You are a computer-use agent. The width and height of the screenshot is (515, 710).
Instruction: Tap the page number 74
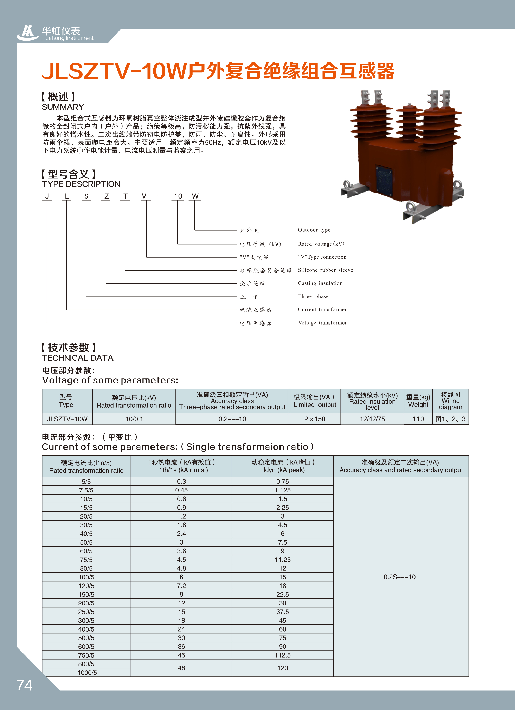(24, 685)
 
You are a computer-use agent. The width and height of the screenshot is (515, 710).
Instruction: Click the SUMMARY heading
(63, 107)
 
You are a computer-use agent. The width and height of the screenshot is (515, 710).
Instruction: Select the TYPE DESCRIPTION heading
(81, 184)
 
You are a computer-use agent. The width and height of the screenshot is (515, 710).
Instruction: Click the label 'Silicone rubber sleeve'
(325, 270)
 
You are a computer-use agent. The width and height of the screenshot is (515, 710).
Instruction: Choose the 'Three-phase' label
(313, 296)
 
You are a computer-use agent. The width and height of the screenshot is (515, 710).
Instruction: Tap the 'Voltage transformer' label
(322, 322)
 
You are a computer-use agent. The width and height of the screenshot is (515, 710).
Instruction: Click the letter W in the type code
(195, 196)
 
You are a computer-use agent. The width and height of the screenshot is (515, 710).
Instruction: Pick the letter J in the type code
(47, 196)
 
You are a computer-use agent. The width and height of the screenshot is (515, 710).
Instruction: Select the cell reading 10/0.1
(134, 419)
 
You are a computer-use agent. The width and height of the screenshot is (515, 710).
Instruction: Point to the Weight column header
(418, 401)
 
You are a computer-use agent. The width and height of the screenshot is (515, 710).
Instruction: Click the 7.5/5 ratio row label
(86, 490)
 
